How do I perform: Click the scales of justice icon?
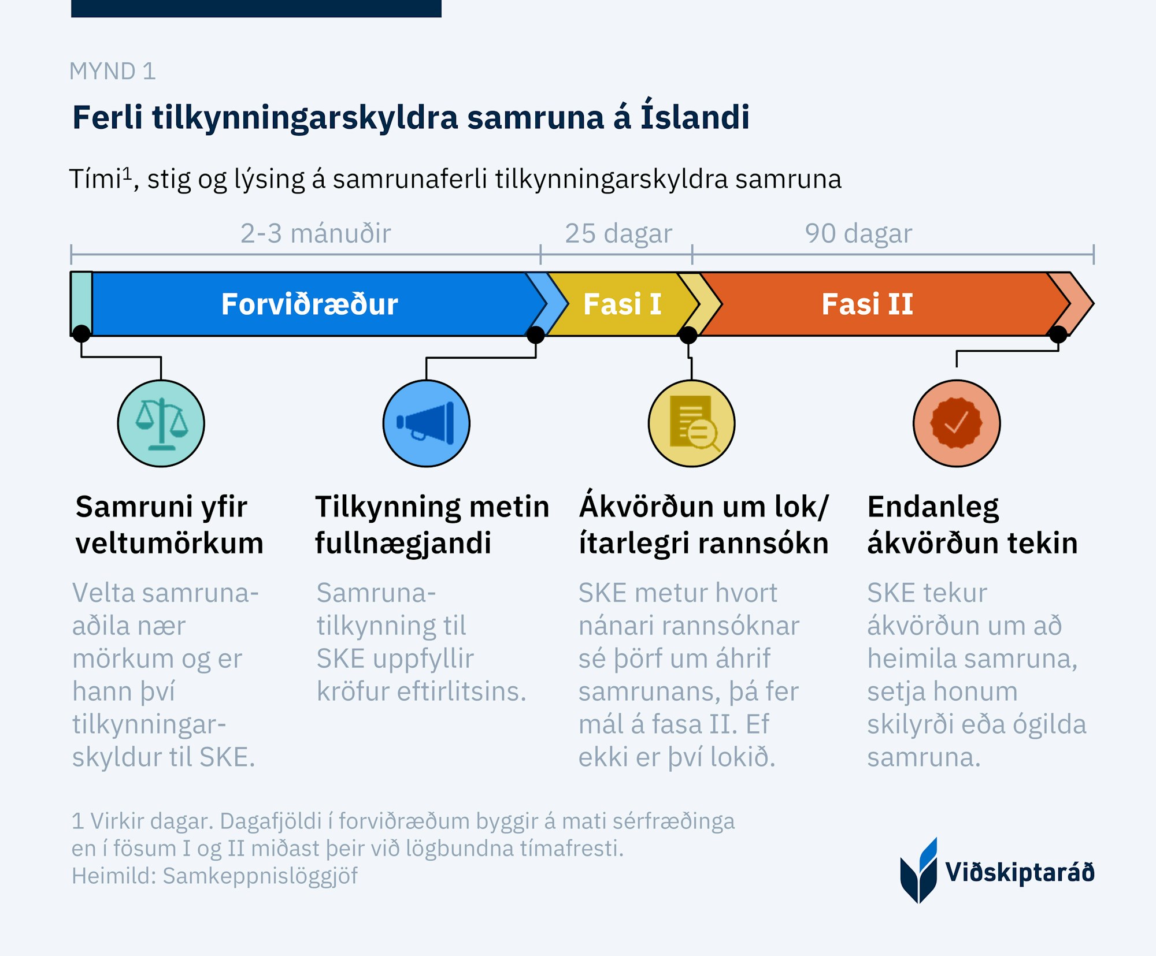(x=161, y=423)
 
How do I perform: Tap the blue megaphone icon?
(x=426, y=423)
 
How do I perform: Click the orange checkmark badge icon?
(x=957, y=423)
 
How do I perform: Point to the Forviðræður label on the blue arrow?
(x=309, y=304)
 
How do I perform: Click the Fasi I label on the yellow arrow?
(x=622, y=304)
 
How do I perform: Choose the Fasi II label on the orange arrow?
(x=867, y=304)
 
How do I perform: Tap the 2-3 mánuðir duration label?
(x=316, y=233)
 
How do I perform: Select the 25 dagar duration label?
(x=618, y=233)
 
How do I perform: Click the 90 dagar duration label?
(x=858, y=233)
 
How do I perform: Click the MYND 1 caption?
(x=113, y=71)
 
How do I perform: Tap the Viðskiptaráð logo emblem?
(x=918, y=871)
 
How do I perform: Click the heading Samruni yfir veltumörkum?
(x=169, y=525)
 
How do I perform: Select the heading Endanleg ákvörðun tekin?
(x=972, y=525)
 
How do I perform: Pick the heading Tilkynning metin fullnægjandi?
(x=432, y=525)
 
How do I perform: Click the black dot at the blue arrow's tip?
(x=536, y=334)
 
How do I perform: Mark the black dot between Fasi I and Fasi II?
(x=688, y=334)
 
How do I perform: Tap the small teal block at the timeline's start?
(x=81, y=303)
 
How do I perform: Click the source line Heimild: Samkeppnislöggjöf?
(x=214, y=876)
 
